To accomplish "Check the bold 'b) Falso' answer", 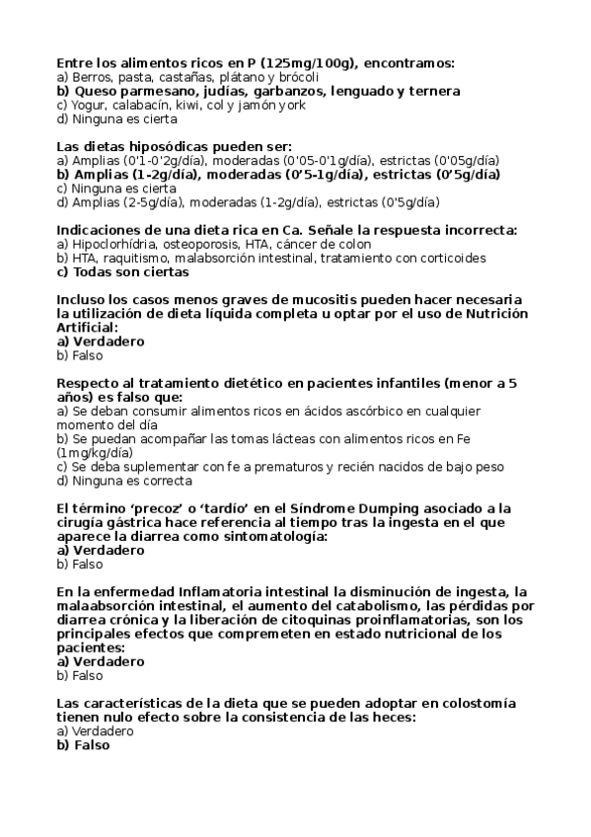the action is point(83,745).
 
